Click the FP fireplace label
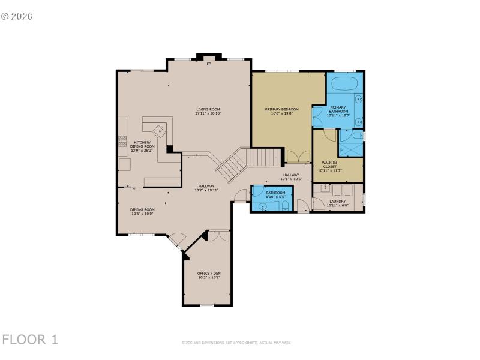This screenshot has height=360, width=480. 209,64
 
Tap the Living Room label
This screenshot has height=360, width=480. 208,111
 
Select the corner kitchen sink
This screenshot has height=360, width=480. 159,128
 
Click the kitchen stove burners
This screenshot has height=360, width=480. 123,144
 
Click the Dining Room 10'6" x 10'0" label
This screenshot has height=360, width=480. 142,211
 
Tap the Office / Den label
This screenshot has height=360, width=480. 209,275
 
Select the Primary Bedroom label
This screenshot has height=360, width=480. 281,111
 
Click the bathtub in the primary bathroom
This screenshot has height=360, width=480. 344,83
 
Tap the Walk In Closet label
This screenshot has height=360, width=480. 329,166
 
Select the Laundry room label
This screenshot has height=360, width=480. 337,203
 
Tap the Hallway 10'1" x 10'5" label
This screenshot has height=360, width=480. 291,177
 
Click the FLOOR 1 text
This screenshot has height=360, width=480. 30,340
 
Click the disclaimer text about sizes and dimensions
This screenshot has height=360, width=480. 236,343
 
